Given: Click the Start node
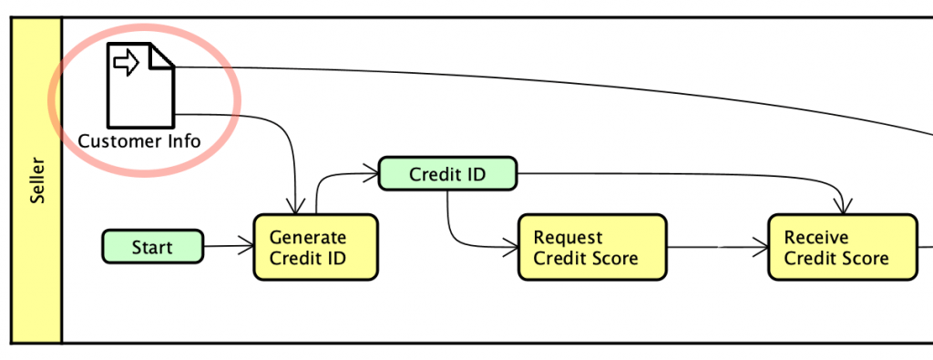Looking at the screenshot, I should [x=152, y=247].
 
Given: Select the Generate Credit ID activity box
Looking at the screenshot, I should [x=314, y=247].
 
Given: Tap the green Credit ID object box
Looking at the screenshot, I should [x=447, y=174].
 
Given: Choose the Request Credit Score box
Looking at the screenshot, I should [x=591, y=247].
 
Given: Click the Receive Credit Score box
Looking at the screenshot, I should [x=842, y=247].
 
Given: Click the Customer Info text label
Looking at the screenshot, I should [x=139, y=141].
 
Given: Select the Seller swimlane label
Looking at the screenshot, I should [x=37, y=180].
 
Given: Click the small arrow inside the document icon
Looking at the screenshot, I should [x=125, y=63].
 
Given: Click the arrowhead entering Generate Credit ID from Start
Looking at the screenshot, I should [x=247, y=245].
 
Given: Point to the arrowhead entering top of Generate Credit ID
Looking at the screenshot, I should [x=295, y=209].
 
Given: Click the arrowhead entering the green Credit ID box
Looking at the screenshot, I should [x=372, y=170].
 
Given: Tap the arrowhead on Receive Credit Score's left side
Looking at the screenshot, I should [x=762, y=246].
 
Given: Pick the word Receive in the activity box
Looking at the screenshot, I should [x=816, y=238].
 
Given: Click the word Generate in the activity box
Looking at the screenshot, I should [x=308, y=238].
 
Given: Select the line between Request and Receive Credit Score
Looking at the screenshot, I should [x=715, y=246].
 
